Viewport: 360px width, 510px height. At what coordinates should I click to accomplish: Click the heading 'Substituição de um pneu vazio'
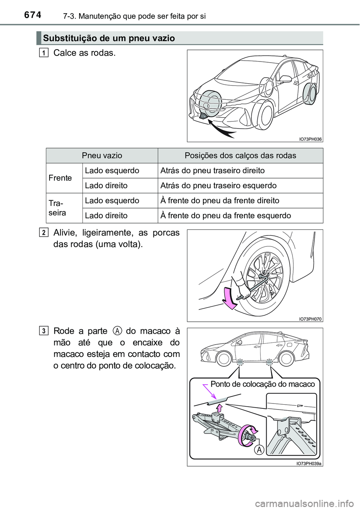109,38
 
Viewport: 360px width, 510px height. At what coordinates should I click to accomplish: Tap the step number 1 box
44,53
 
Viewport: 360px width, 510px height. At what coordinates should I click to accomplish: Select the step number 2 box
44,233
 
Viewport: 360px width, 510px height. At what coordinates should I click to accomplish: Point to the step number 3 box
44,331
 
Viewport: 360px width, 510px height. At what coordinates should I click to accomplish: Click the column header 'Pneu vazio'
102,156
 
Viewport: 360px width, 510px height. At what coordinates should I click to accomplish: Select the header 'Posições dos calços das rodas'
240,156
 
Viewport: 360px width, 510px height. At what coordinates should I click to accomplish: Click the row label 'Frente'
60,178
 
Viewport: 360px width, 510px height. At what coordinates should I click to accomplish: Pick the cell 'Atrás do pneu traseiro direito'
213,171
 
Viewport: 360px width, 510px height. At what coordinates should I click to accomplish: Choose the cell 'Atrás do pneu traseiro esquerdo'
219,186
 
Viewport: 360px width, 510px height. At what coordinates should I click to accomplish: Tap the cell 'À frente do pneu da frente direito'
220,201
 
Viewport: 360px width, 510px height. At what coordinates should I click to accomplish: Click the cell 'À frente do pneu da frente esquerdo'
226,216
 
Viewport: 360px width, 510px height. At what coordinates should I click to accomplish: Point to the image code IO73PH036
310,139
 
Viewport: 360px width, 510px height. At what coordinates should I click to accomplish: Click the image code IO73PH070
310,319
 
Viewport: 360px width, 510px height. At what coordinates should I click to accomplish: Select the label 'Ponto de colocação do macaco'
262,384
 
